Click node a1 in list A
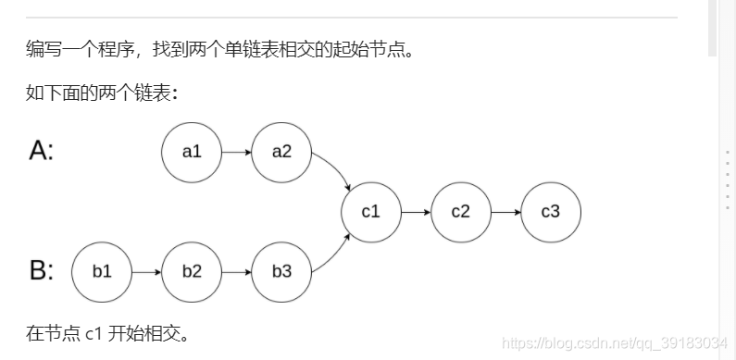point(192,152)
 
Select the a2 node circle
point(281,152)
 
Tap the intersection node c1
point(371,212)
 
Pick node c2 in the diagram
point(461,212)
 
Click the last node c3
point(551,212)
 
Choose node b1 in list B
point(102,272)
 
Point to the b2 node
point(192,272)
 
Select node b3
point(281,272)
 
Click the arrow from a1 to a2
point(236,152)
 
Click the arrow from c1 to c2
point(416,212)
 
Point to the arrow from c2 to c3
point(505,212)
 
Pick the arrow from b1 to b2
point(146,272)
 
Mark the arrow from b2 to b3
point(236,272)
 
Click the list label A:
point(42,150)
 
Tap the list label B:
point(42,270)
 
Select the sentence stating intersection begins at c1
point(107,332)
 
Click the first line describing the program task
point(218,48)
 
